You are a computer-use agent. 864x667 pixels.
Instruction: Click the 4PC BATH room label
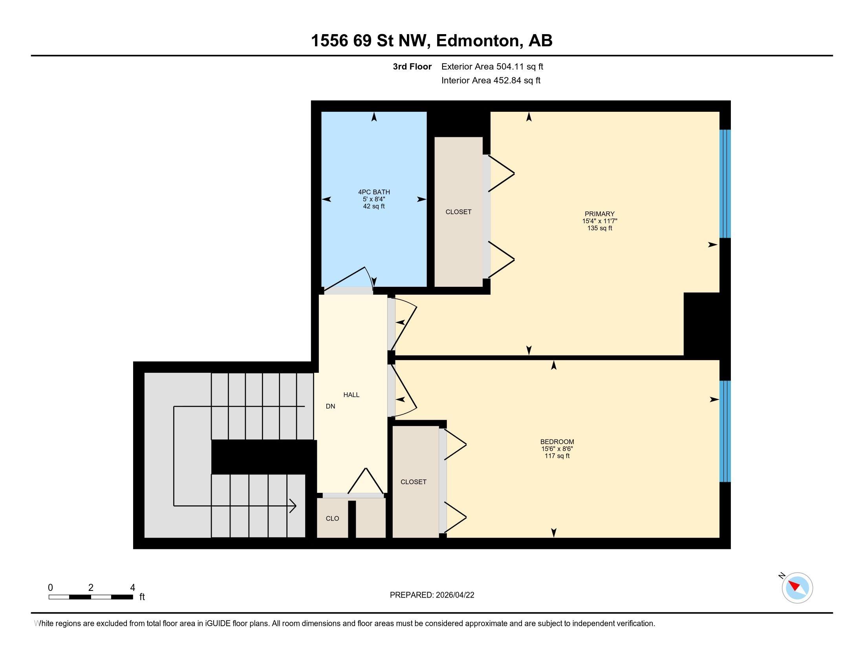click(x=374, y=192)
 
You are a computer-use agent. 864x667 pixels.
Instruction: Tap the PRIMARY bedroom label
click(x=599, y=214)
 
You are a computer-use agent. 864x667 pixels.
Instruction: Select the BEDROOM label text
click(x=557, y=442)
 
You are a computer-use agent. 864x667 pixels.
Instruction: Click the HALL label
click(x=351, y=395)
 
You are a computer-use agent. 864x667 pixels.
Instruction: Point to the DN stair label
click(x=330, y=406)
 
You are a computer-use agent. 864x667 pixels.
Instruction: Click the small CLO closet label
click(x=332, y=518)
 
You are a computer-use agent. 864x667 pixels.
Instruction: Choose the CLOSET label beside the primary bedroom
click(x=458, y=212)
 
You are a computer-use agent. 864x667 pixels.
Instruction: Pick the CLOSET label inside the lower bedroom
click(x=414, y=482)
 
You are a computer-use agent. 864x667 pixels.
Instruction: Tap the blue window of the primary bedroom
click(x=725, y=184)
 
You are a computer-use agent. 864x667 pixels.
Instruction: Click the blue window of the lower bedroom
click(x=725, y=431)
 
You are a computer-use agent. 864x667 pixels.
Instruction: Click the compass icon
click(x=797, y=588)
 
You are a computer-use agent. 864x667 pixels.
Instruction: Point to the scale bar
click(x=91, y=597)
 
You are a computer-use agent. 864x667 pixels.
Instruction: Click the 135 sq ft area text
click(x=600, y=228)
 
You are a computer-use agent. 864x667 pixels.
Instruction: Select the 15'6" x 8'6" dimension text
click(x=557, y=449)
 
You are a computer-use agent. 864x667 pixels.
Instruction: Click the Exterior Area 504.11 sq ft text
click(x=492, y=67)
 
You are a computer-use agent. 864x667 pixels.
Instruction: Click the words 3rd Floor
click(x=412, y=67)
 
